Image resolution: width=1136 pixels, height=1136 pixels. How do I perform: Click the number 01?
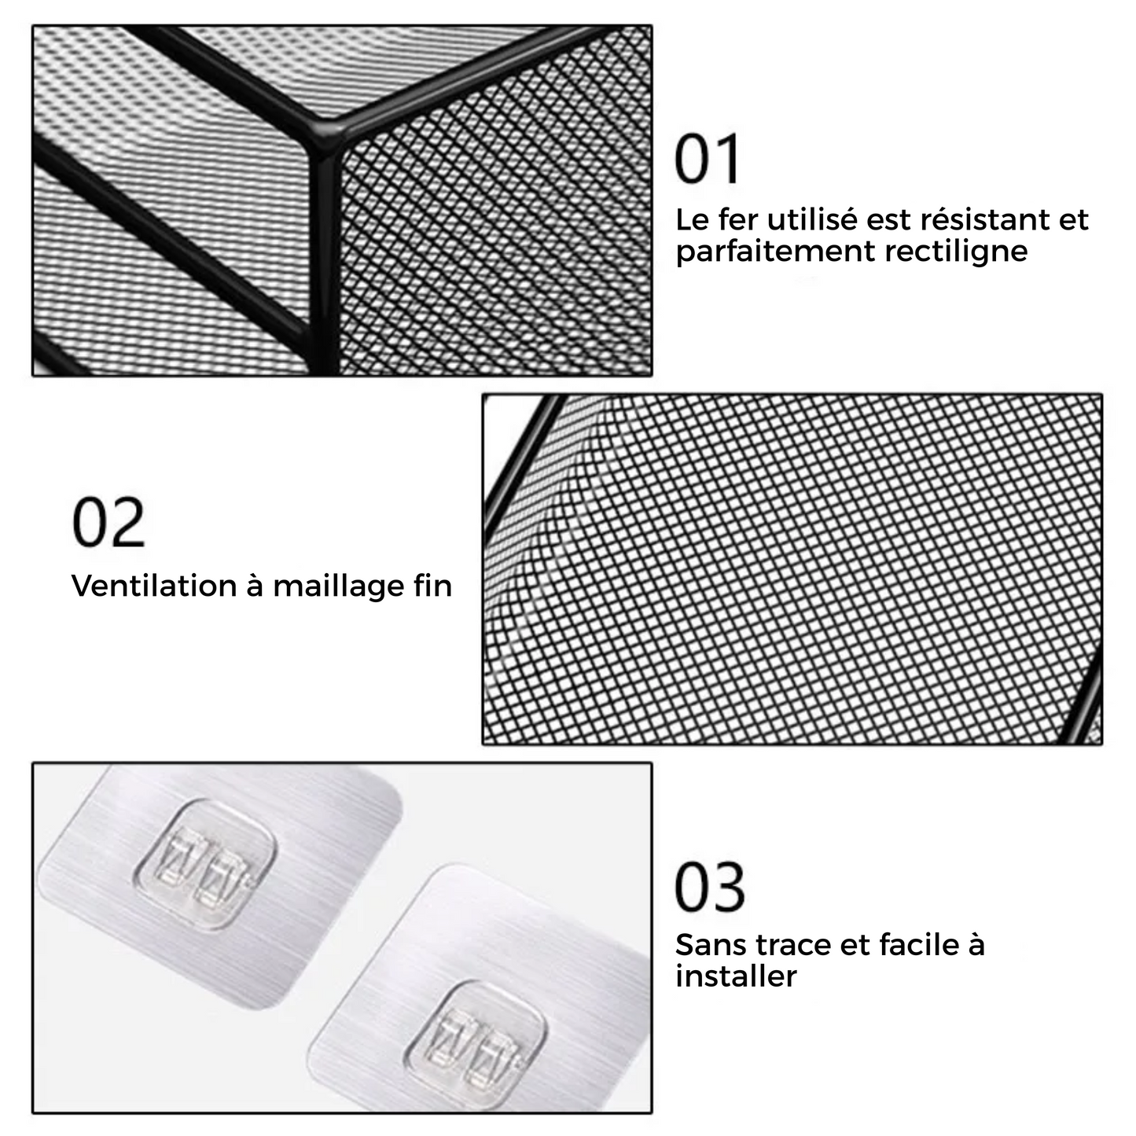click(x=707, y=159)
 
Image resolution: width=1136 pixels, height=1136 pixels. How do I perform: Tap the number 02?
click(x=108, y=522)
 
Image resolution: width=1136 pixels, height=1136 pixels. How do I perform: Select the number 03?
click(x=710, y=888)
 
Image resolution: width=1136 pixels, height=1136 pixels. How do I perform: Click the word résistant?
click(x=985, y=219)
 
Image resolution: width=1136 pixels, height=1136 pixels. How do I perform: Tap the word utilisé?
click(x=815, y=219)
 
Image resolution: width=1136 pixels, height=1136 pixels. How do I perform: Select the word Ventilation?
click(x=154, y=586)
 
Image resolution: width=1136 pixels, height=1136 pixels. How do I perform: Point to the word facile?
click(x=919, y=944)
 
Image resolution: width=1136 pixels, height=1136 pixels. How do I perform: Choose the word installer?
click(x=737, y=976)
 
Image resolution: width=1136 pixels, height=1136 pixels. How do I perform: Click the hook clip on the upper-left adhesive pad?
click(x=206, y=865)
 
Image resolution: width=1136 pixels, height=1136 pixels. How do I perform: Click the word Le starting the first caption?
click(x=692, y=219)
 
